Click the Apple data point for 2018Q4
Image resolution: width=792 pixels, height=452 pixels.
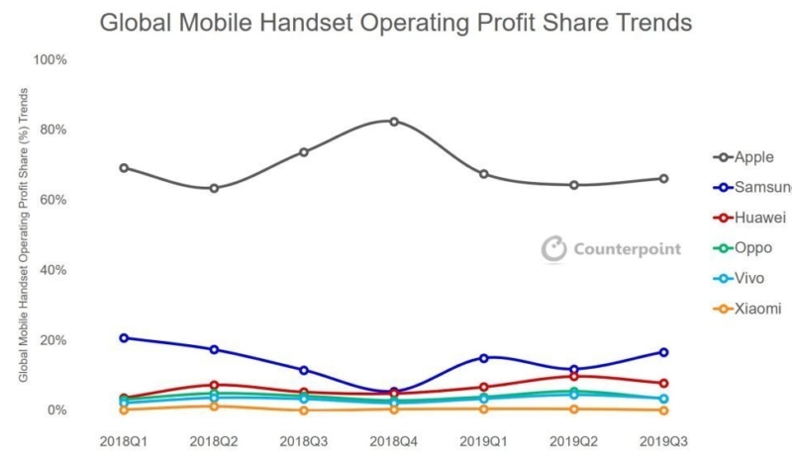(x=394, y=122)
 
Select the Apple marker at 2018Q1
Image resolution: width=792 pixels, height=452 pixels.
(x=124, y=167)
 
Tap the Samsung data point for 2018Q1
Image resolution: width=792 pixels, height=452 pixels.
(x=124, y=338)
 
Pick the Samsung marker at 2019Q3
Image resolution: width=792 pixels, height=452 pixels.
(x=663, y=352)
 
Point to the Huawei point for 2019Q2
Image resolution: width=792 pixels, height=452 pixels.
(x=574, y=376)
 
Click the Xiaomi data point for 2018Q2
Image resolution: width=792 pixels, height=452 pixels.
(x=214, y=406)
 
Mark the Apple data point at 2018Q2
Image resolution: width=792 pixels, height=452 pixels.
(x=214, y=188)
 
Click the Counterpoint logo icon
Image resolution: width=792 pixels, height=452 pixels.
(x=553, y=249)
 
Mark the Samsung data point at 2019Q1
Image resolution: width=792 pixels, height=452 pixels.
(x=484, y=358)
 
